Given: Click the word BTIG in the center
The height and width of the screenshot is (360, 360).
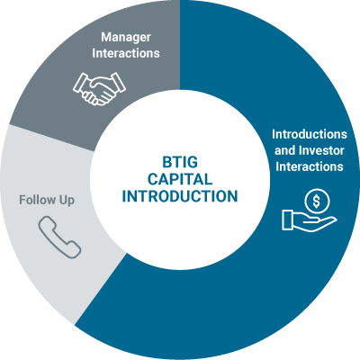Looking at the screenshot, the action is click(x=180, y=162).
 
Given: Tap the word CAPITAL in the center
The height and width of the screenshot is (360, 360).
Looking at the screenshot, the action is click(x=180, y=179).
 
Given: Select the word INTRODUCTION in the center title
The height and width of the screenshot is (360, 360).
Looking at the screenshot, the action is click(x=180, y=196).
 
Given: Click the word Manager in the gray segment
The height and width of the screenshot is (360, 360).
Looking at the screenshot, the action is click(x=126, y=38).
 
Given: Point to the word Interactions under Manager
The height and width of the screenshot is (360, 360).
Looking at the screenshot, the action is click(x=126, y=53).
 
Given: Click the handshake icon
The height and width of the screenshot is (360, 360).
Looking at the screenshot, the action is click(x=99, y=89).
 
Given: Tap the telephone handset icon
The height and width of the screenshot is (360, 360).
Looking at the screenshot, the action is click(x=59, y=237).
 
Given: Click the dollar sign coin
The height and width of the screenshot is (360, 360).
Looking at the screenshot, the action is click(x=317, y=202).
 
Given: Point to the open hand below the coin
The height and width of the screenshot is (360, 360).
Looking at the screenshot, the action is click(x=309, y=220).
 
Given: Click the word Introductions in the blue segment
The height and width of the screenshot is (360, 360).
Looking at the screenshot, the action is click(x=310, y=134).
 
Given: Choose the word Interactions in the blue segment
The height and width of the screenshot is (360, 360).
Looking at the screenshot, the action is click(x=310, y=166).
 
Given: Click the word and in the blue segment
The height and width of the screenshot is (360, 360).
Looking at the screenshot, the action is click(x=284, y=150).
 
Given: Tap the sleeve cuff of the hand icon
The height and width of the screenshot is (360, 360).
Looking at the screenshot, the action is click(x=287, y=220).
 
